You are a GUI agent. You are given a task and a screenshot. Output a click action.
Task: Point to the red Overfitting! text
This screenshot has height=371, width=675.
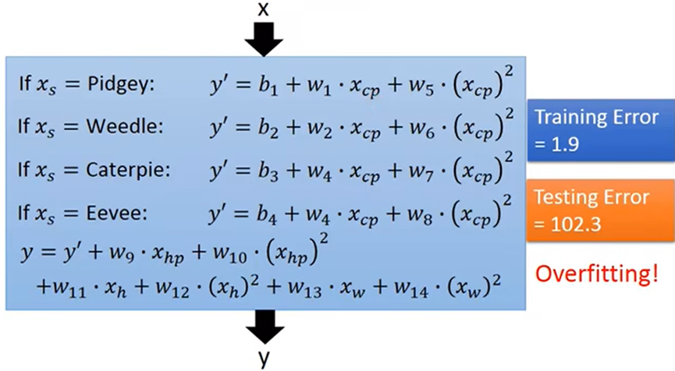tap(597, 273)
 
